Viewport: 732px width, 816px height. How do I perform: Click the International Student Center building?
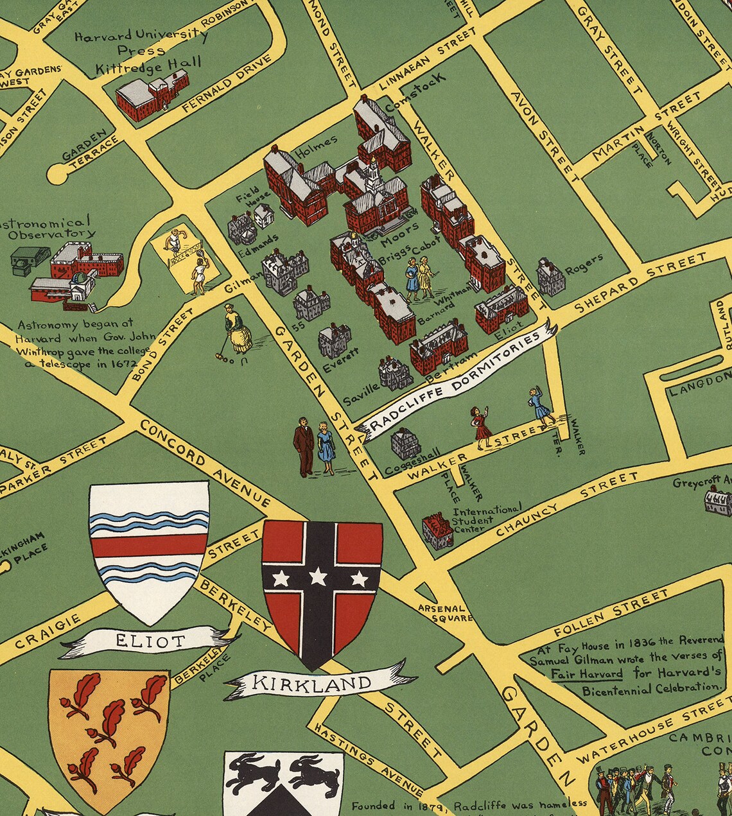(x=437, y=530)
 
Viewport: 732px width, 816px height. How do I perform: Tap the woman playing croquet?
(x=238, y=331)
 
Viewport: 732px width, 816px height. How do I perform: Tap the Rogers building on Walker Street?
(x=550, y=277)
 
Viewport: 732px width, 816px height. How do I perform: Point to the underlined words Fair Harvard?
(x=586, y=674)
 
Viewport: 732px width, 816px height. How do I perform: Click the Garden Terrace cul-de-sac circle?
(x=58, y=174)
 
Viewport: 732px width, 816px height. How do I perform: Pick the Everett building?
(x=335, y=340)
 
